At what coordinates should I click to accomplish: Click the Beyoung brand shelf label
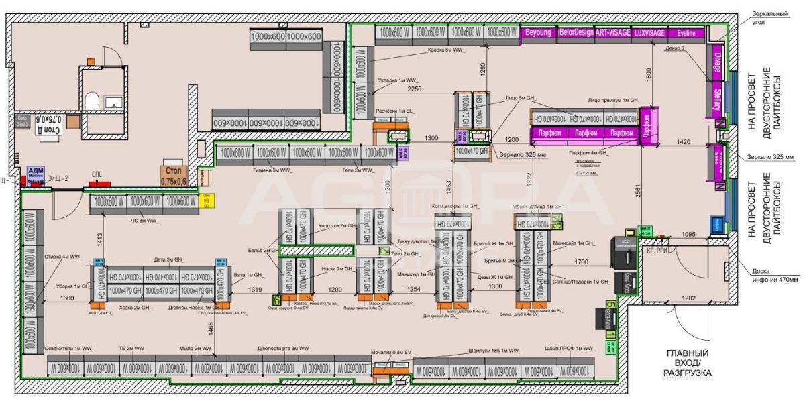(x=538, y=33)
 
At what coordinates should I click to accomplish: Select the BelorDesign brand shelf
(x=576, y=33)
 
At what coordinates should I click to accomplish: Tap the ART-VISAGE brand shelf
(x=612, y=33)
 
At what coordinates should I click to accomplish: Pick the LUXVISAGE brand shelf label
(x=649, y=33)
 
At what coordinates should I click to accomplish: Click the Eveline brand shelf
(x=686, y=33)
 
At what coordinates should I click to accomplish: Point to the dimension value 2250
(x=415, y=89)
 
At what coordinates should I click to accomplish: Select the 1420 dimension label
(x=684, y=142)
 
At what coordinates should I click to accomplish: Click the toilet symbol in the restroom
(x=93, y=101)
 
